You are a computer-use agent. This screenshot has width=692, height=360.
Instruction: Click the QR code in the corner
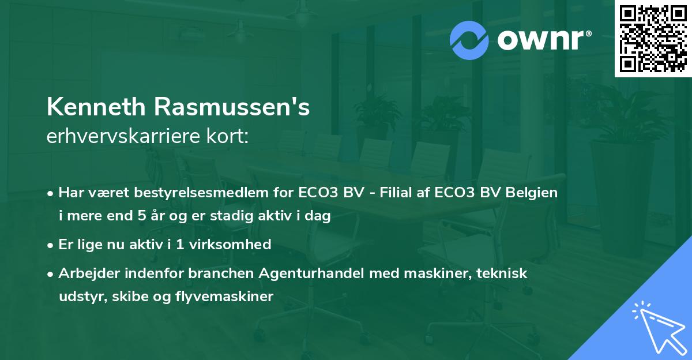(653, 39)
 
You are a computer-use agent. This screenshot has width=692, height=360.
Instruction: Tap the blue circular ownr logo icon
(469, 40)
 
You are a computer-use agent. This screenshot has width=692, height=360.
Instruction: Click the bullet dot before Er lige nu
(51, 245)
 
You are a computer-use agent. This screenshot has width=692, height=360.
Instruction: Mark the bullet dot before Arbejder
(51, 273)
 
